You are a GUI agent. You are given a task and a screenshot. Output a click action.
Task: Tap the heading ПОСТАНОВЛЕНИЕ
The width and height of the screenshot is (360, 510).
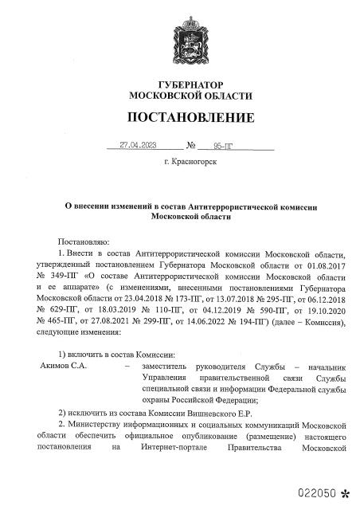coord(181,118)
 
